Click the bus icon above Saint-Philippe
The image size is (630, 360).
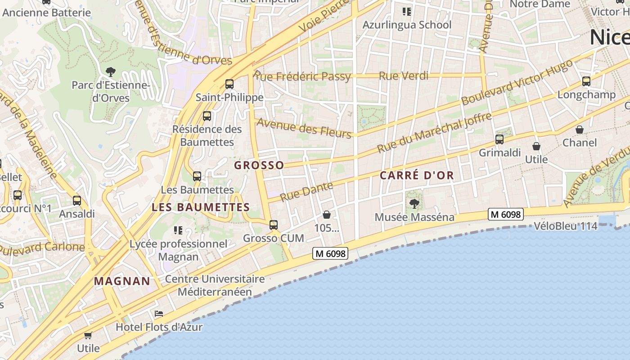pyautogui.click(x=229, y=84)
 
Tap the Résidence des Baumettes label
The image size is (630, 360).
pyautogui.click(x=207, y=135)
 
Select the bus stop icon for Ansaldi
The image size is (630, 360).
pyautogui.click(x=77, y=201)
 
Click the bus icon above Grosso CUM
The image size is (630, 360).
pyautogui.click(x=273, y=225)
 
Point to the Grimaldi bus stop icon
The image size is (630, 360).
pyautogui.click(x=499, y=139)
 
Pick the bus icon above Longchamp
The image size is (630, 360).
pyautogui.click(x=586, y=81)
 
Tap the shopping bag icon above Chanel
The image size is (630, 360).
pyautogui.click(x=580, y=130)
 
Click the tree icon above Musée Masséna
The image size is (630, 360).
pyautogui.click(x=414, y=204)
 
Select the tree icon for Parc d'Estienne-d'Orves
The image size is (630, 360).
pyautogui.click(x=110, y=72)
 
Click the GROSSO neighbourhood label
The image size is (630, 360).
pyautogui.click(x=259, y=165)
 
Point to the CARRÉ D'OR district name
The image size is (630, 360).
pyautogui.click(x=417, y=175)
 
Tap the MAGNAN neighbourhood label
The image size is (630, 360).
pyautogui.click(x=122, y=281)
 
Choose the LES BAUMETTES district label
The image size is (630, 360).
pyautogui.click(x=201, y=207)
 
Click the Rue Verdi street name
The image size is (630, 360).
pyautogui.click(x=404, y=76)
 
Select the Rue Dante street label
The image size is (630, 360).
pyautogui.click(x=306, y=191)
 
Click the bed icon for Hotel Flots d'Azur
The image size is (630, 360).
pyautogui.click(x=158, y=314)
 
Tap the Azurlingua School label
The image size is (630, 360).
pyautogui.click(x=407, y=25)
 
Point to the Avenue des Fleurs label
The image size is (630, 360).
pyautogui.click(x=304, y=128)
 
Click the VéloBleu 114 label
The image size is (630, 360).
pyautogui.click(x=566, y=226)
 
